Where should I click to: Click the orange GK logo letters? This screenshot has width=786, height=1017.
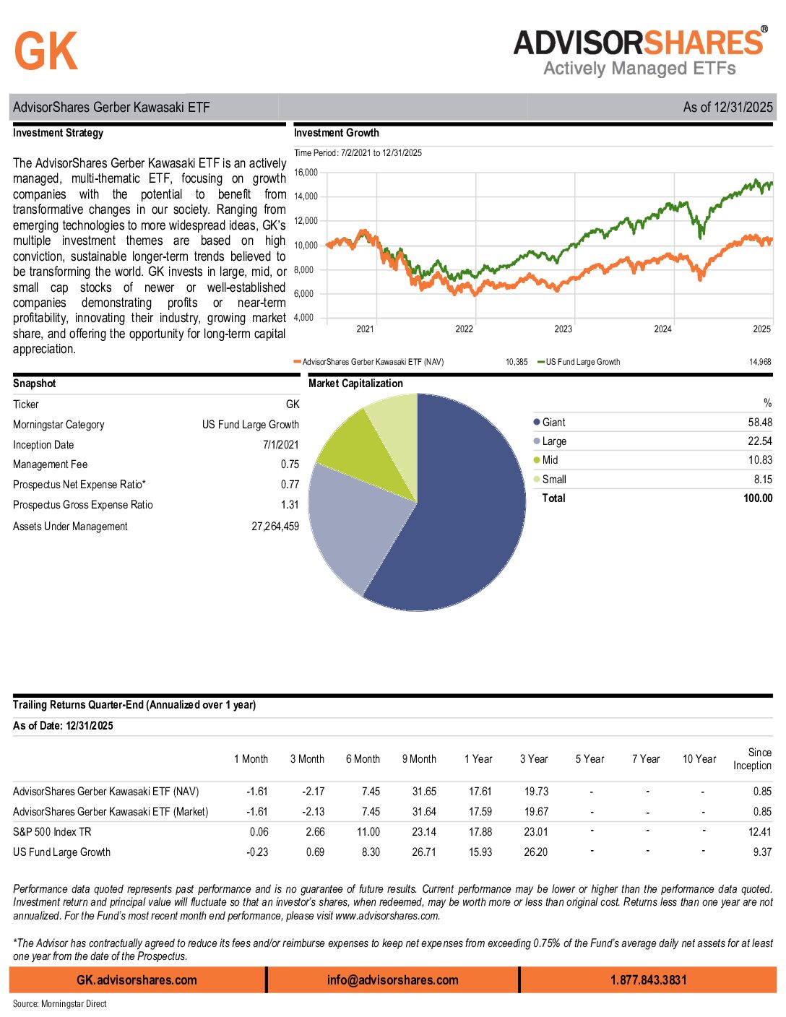pyautogui.click(x=46, y=52)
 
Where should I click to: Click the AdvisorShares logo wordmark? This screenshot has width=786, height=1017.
pyautogui.click(x=639, y=43)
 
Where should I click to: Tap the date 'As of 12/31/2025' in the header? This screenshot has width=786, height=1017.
pyautogui.click(x=727, y=108)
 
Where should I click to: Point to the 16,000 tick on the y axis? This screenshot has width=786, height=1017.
pyautogui.click(x=306, y=173)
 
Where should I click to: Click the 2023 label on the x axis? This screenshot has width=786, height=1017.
pyautogui.click(x=563, y=329)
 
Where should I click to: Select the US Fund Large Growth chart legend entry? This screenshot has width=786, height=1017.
pyautogui.click(x=582, y=362)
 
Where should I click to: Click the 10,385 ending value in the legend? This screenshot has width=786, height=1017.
pyautogui.click(x=516, y=362)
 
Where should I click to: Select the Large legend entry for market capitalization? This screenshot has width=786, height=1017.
pyautogui.click(x=554, y=441)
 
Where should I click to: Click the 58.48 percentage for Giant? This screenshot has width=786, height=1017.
pyautogui.click(x=759, y=423)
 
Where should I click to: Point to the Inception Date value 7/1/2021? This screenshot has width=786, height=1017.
pyautogui.click(x=280, y=445)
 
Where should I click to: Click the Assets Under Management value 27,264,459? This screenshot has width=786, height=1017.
pyautogui.click(x=275, y=527)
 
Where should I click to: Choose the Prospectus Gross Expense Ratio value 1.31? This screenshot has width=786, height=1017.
pyautogui.click(x=290, y=505)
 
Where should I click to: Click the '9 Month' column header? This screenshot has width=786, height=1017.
pyautogui.click(x=419, y=759)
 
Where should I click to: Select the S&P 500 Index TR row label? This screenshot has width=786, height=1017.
pyautogui.click(x=52, y=832)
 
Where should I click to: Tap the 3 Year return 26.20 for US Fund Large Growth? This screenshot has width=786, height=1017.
pyautogui.click(x=535, y=852)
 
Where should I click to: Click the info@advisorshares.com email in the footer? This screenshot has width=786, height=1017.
pyautogui.click(x=392, y=980)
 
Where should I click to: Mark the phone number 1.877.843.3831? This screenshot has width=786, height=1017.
pyautogui.click(x=648, y=980)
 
